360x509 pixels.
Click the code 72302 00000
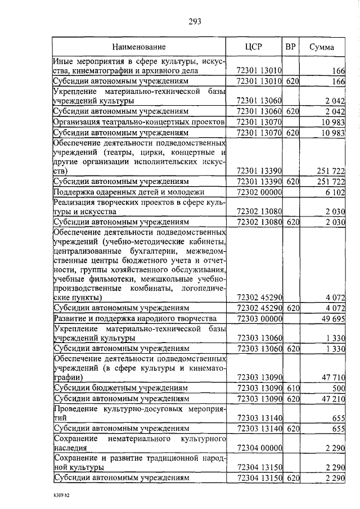click(x=260, y=192)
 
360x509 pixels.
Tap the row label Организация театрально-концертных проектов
click(x=139, y=122)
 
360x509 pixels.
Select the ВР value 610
click(x=291, y=389)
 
